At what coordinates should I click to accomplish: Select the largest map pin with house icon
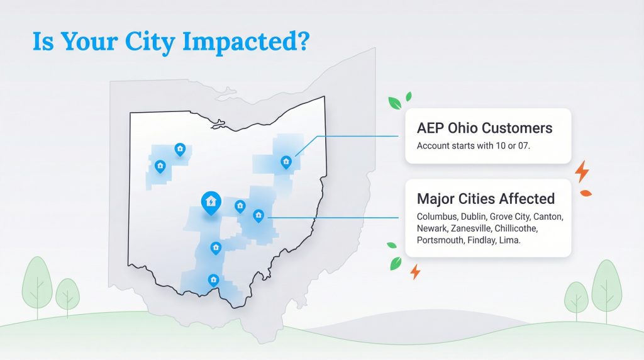point(211,201)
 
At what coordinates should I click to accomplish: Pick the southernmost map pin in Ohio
point(213,279)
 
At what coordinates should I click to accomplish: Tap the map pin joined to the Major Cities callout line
point(258,216)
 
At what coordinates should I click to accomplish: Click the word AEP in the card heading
point(430,128)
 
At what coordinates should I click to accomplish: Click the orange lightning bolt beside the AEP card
point(582,171)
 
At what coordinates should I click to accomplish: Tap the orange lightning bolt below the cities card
point(414,272)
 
